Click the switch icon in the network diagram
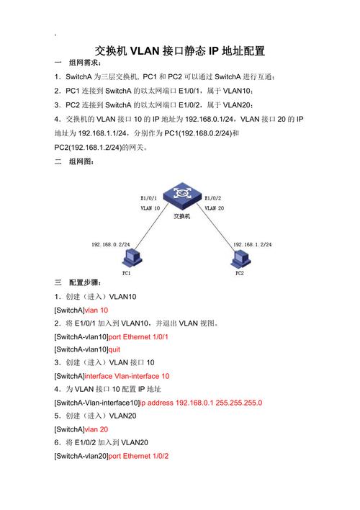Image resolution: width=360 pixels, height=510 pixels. point(182,196)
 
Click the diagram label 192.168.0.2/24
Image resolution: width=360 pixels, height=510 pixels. point(111,245)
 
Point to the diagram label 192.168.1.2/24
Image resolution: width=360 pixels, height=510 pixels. point(252,245)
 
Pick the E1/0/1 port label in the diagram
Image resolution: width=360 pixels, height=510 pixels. point(148,198)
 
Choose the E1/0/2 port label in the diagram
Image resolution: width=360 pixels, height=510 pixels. point(213,198)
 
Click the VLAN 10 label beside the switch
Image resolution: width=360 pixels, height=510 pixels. point(150,208)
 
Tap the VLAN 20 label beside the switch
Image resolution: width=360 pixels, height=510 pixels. point(215,208)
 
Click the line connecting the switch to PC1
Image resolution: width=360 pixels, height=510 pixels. point(151,226)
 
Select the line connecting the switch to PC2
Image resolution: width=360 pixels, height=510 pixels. point(216,226)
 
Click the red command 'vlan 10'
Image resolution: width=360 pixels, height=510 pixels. point(96,310)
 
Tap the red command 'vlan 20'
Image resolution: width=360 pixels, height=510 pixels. point(96,429)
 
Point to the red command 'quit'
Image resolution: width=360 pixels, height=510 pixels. point(114,349)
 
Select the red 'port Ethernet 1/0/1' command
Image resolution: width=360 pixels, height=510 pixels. point(138,337)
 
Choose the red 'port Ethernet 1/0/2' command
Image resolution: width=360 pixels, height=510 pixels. point(138,456)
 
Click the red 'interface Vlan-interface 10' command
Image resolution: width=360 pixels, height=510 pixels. point(127,376)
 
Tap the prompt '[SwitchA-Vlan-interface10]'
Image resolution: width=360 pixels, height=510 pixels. point(97,403)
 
